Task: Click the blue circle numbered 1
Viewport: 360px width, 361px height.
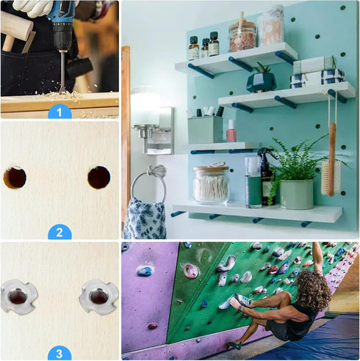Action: [60, 112]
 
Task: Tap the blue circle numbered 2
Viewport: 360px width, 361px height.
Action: [60, 232]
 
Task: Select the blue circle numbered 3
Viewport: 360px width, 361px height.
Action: [60, 353]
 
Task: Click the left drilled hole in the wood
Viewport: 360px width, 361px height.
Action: [15, 178]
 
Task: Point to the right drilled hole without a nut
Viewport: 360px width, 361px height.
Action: [99, 178]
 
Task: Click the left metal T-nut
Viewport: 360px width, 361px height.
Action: [19, 296]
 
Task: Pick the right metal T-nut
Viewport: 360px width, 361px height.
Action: [98, 297]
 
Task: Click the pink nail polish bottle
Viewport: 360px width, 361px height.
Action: [231, 131]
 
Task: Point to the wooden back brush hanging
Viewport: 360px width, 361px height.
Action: [331, 160]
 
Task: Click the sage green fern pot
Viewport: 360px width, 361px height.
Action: [297, 194]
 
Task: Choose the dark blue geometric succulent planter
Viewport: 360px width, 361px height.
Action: [262, 82]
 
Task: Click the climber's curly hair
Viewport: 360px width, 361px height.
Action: [313, 290]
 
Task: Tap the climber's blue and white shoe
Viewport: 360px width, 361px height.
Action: [235, 302]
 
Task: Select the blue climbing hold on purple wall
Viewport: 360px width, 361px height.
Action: [145, 271]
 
